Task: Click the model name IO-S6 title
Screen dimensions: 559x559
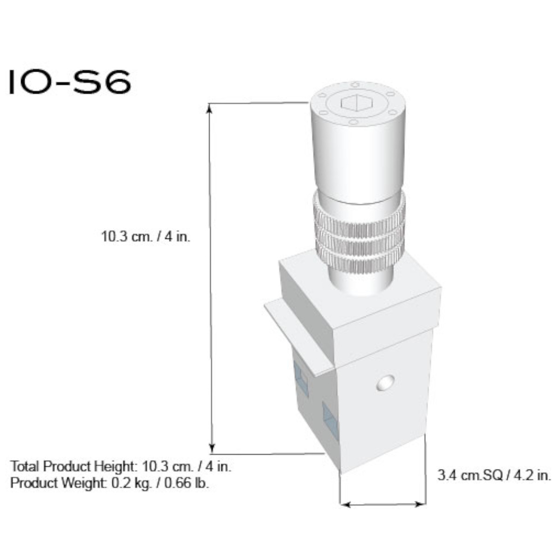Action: pos(70,83)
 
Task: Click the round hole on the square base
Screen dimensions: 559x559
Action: pos(386,383)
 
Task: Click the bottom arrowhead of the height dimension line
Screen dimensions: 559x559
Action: pos(212,448)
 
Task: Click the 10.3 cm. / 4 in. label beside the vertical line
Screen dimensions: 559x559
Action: pos(146,237)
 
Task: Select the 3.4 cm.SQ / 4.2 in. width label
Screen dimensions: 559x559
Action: pos(494,476)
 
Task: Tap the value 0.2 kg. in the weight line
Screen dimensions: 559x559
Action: pos(131,483)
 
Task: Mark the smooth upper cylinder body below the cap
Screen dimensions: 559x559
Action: pos(356,158)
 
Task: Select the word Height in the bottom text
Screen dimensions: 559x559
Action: pos(116,466)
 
